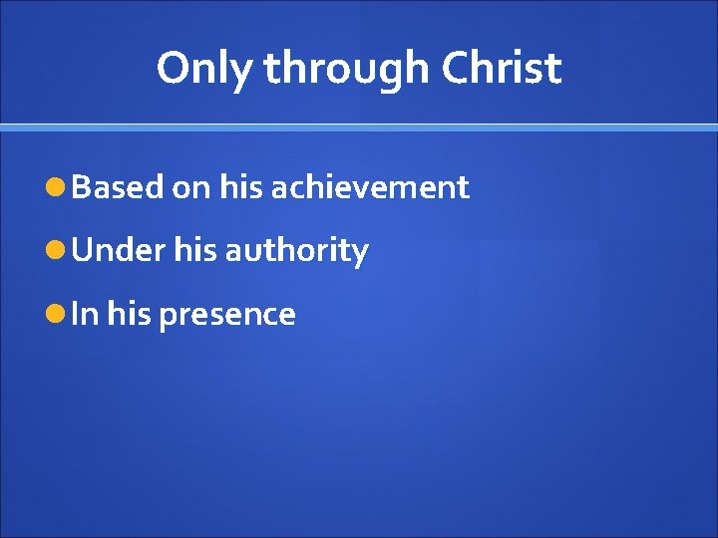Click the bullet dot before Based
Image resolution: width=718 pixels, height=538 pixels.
56,186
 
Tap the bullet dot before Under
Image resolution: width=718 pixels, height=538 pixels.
56,250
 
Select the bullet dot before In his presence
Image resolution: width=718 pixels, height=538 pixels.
56,314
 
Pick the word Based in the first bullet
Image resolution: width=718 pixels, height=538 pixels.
118,186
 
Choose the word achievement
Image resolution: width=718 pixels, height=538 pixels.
368,186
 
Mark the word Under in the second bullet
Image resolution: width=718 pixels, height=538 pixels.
119,250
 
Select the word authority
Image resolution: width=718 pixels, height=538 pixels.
297,251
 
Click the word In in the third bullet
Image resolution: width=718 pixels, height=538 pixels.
85,314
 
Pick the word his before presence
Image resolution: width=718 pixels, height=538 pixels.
128,314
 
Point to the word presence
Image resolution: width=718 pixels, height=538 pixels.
227,315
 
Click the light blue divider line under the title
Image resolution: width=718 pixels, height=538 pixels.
359,128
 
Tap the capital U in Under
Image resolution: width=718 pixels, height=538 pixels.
83,250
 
